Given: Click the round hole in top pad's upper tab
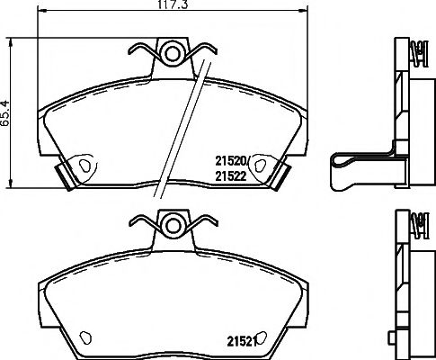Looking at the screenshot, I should click(x=170, y=51).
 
